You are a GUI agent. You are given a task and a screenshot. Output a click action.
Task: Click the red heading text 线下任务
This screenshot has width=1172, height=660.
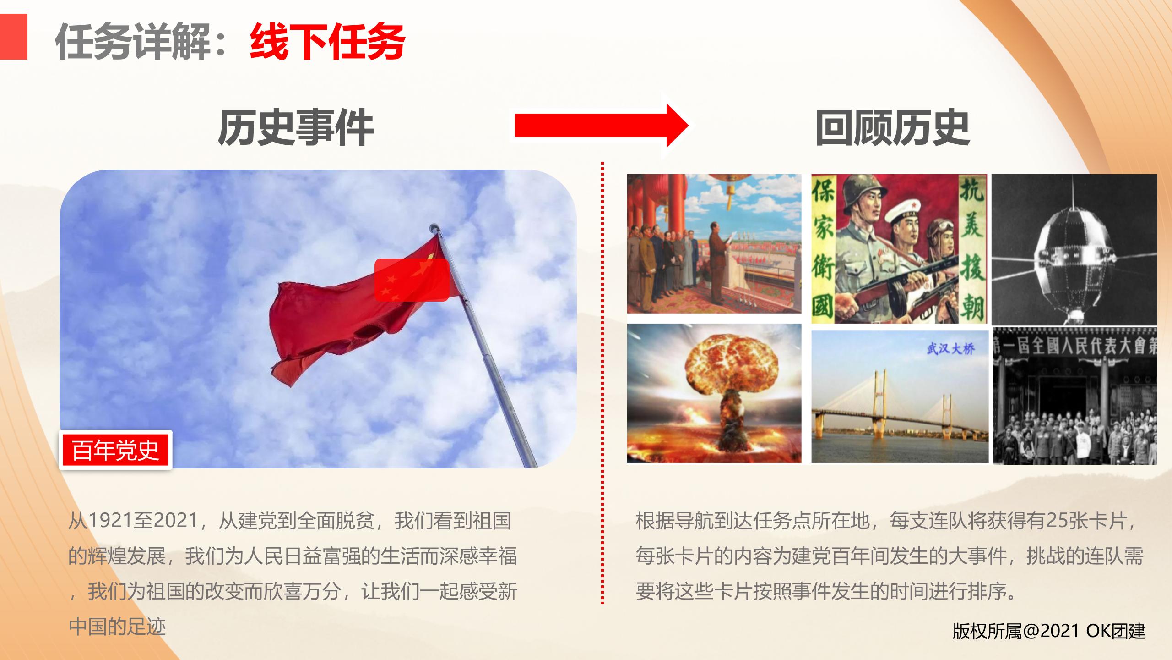(x=327, y=42)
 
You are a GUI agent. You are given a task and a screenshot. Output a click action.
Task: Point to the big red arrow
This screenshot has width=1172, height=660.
(x=602, y=125)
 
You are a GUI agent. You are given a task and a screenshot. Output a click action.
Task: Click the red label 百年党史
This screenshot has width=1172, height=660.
(x=115, y=450)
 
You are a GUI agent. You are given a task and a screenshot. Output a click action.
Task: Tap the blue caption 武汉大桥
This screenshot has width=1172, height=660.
(x=950, y=349)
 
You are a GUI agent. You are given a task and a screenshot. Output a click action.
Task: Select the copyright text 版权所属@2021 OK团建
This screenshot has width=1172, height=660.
(x=1049, y=631)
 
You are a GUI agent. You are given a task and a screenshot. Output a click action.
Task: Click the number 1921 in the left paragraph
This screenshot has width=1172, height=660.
(x=109, y=521)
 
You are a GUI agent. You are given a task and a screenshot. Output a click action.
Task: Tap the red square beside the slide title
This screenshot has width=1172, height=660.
(x=14, y=37)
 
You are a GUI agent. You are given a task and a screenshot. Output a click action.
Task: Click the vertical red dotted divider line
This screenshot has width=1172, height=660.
(x=602, y=383)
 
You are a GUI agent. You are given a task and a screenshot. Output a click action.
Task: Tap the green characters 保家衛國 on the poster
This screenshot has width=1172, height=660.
(x=823, y=250)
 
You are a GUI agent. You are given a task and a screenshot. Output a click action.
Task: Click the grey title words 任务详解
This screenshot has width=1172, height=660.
(x=133, y=42)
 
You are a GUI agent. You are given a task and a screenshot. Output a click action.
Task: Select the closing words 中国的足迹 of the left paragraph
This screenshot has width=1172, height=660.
(x=117, y=627)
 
